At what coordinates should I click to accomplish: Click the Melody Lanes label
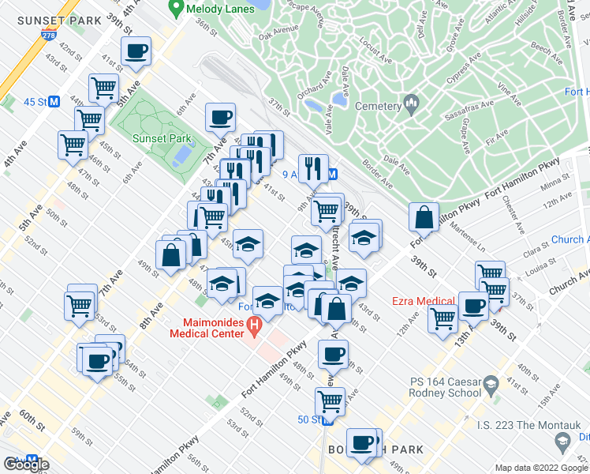tap(220, 9)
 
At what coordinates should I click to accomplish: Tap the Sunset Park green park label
tap(162, 138)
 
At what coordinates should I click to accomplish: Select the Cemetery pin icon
tap(410, 103)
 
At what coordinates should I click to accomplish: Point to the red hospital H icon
tap(254, 323)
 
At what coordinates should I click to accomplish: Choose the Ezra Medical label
tap(424, 301)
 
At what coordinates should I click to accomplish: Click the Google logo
tap(25, 464)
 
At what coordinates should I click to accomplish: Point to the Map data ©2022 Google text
tap(540, 468)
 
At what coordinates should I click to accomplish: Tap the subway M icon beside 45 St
tap(54, 102)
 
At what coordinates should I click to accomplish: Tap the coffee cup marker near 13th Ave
tap(473, 306)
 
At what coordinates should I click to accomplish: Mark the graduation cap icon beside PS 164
tap(491, 386)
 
